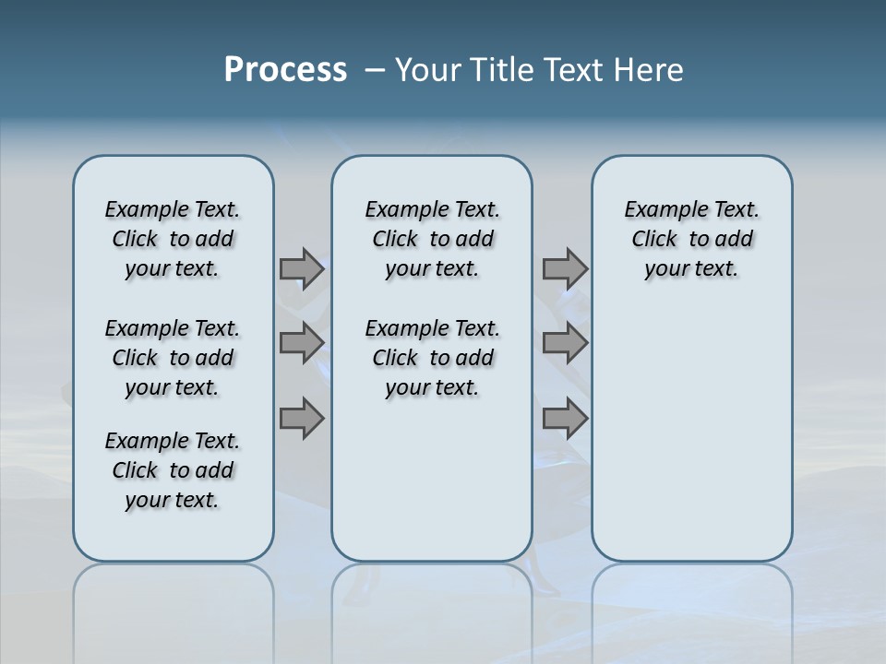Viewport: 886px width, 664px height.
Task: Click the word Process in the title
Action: point(285,69)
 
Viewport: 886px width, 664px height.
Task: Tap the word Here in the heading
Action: point(648,70)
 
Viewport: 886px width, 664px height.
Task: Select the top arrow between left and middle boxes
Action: point(302,268)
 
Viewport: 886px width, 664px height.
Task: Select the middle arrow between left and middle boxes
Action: point(302,343)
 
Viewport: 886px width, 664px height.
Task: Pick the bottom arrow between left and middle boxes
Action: point(302,419)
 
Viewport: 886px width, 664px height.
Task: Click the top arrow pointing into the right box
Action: point(565,268)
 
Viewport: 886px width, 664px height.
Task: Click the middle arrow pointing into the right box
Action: point(565,343)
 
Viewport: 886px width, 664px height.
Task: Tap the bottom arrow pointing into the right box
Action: point(565,419)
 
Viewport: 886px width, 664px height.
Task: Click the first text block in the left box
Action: point(173,239)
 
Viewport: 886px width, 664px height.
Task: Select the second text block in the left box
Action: point(173,358)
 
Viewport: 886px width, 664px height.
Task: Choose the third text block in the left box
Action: point(173,470)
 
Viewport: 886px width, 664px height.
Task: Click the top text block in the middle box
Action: point(432,239)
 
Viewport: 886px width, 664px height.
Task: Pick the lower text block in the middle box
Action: point(432,358)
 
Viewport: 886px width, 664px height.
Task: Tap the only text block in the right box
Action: point(691,239)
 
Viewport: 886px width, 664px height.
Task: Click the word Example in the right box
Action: point(658,210)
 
